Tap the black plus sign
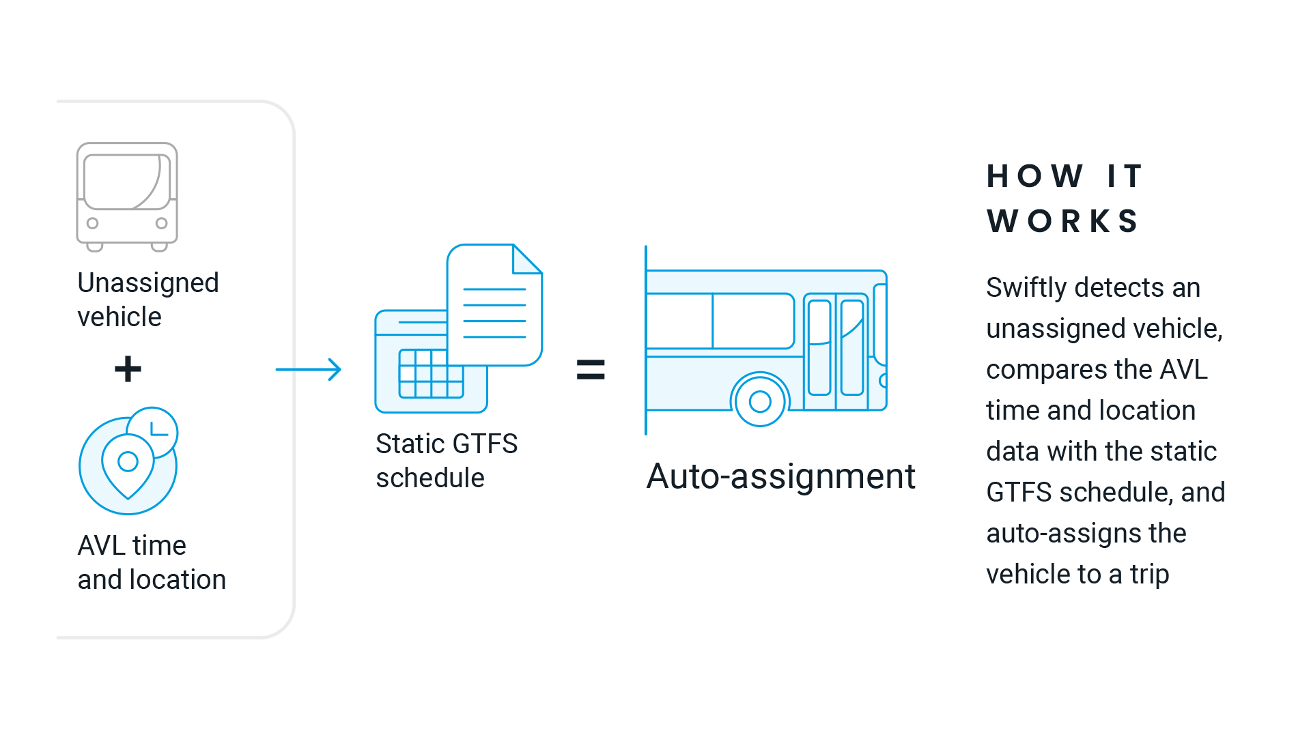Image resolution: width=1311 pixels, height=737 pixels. (128, 369)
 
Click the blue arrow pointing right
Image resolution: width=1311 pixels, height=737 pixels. (309, 369)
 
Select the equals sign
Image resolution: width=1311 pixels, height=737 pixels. (591, 369)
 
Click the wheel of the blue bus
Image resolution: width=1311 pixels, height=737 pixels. (760, 401)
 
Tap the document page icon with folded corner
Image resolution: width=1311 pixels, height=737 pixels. (494, 305)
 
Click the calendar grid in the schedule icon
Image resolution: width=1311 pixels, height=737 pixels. (432, 374)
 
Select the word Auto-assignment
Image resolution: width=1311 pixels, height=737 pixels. (780, 476)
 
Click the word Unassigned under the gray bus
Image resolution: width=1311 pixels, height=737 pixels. (148, 283)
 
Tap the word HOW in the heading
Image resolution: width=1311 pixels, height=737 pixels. (1034, 176)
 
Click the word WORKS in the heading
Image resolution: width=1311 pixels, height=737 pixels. (1063, 221)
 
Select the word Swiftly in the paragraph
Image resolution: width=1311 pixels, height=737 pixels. (1026, 288)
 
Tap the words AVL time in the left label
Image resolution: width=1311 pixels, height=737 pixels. (132, 546)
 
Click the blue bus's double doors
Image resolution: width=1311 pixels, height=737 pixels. (836, 347)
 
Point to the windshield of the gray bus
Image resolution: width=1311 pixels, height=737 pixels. (126, 182)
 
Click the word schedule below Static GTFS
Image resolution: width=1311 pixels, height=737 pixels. (430, 478)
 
